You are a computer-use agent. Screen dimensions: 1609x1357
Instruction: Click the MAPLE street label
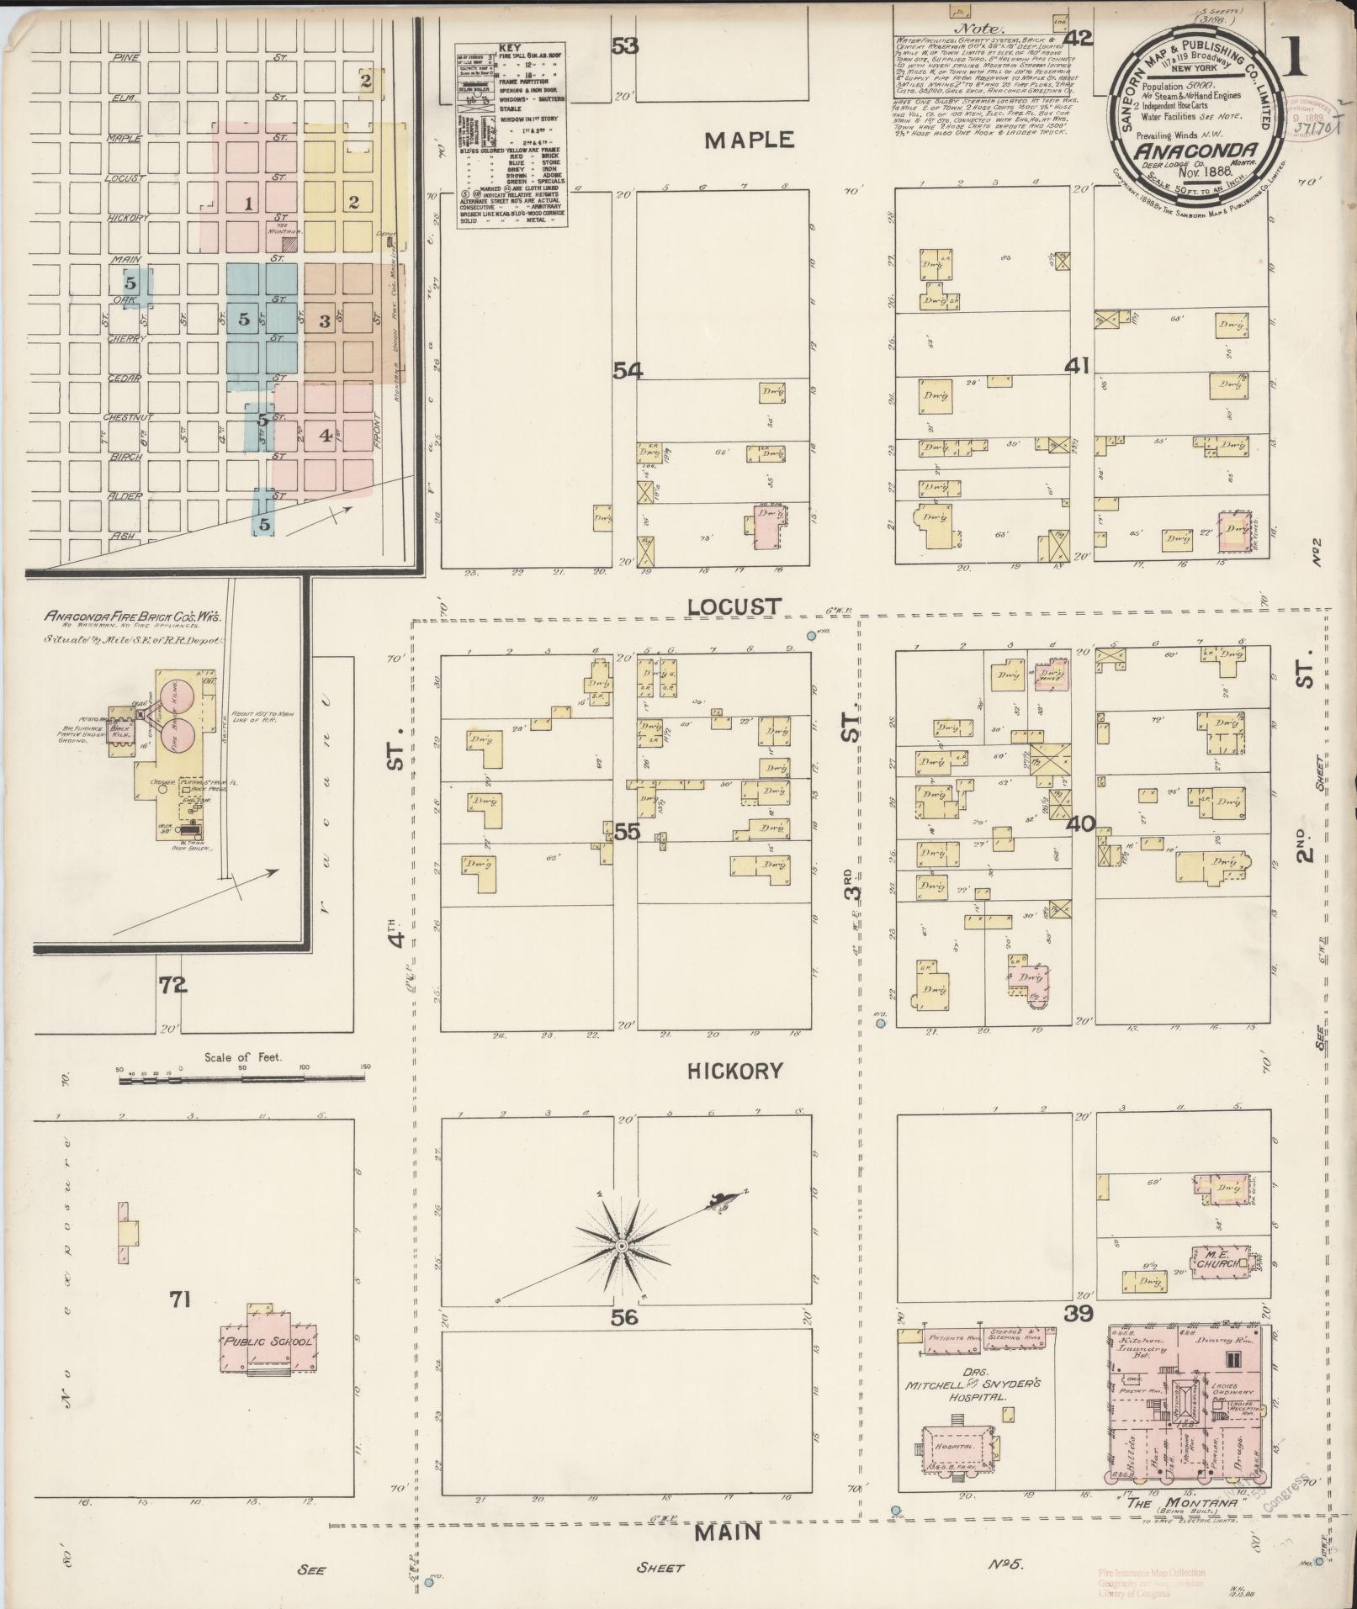(749, 140)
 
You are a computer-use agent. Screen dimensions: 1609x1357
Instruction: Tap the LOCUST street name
(734, 606)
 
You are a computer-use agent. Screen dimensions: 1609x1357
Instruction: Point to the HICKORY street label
(734, 1071)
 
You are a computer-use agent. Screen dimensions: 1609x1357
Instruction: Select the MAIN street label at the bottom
(728, 1532)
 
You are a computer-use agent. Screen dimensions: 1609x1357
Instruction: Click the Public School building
(268, 1341)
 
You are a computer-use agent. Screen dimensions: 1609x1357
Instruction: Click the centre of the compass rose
(621, 1244)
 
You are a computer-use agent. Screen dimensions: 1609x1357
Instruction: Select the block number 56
(624, 1317)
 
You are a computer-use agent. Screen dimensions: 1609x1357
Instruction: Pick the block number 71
(179, 1299)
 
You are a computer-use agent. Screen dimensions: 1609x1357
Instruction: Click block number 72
(173, 984)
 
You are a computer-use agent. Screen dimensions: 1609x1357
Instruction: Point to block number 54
(627, 370)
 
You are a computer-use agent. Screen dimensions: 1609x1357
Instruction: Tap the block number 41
(1077, 366)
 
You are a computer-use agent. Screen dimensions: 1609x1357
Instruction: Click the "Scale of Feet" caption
(242, 1056)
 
